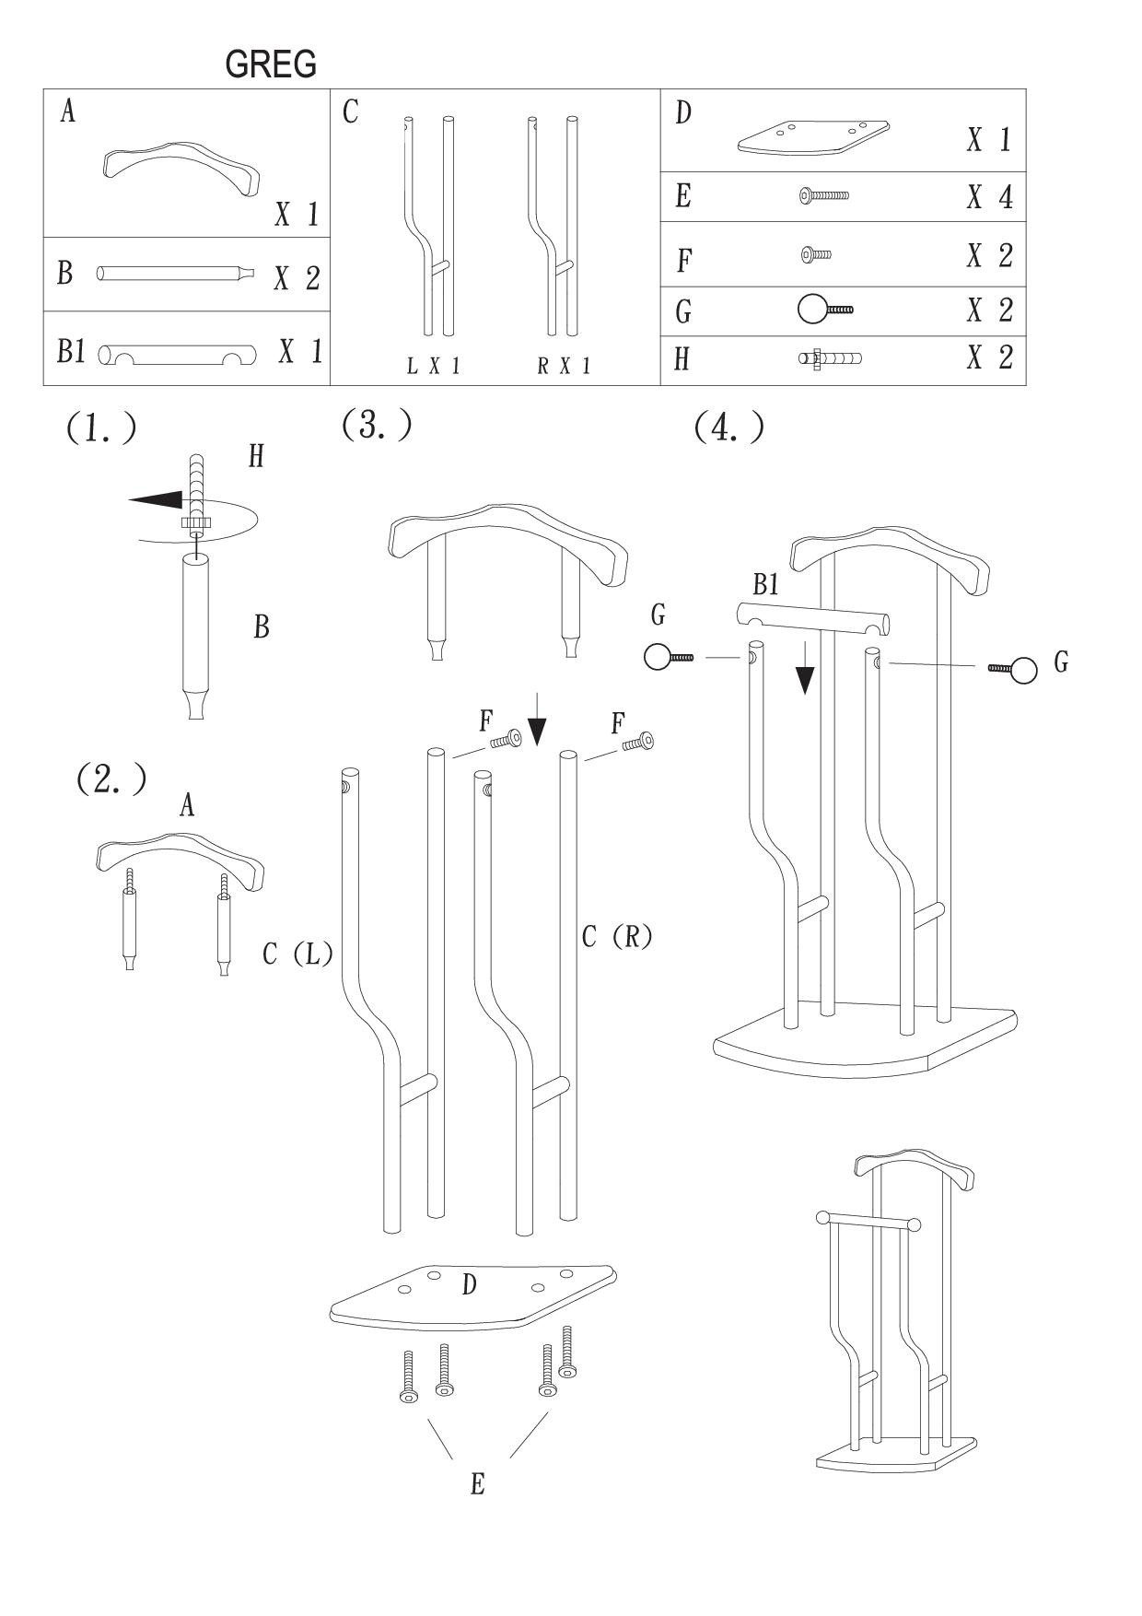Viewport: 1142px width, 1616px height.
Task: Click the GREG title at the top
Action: click(x=271, y=64)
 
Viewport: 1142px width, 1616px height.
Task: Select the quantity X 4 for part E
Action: click(x=989, y=197)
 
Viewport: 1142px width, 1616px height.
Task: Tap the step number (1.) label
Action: click(x=101, y=428)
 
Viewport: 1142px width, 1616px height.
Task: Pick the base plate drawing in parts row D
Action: click(x=814, y=137)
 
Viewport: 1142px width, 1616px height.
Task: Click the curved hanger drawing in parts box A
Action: click(x=180, y=167)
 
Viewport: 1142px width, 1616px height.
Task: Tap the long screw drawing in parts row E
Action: click(x=824, y=195)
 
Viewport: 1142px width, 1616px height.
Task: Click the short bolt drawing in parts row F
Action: click(x=816, y=253)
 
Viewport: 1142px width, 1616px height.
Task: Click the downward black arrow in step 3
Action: click(x=538, y=731)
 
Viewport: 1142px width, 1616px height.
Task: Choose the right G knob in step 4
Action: click(x=1023, y=670)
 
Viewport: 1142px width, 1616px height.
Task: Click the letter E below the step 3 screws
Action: click(x=477, y=1484)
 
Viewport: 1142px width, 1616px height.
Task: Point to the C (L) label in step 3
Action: click(x=297, y=954)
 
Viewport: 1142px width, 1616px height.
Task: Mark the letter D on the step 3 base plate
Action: click(x=469, y=1284)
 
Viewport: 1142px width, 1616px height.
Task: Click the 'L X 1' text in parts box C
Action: click(x=433, y=367)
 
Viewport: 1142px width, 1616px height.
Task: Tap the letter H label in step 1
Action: click(x=256, y=455)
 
